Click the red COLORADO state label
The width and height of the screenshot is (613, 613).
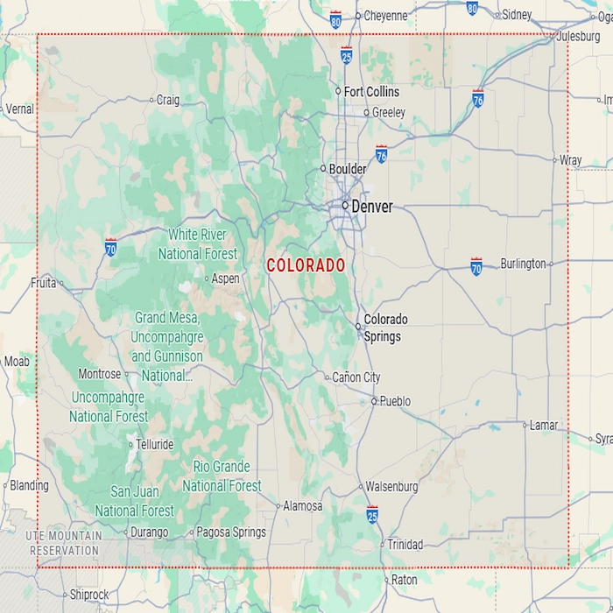(x=306, y=264)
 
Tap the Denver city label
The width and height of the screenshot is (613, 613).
(x=372, y=207)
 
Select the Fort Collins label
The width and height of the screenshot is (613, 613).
(x=371, y=92)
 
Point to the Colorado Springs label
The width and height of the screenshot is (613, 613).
(x=385, y=328)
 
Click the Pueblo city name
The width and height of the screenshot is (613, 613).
(x=395, y=401)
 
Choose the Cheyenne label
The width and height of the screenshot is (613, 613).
(x=385, y=16)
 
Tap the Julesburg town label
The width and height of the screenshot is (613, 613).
(x=579, y=37)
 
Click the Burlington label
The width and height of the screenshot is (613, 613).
(x=523, y=264)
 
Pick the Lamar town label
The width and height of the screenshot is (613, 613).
(x=544, y=426)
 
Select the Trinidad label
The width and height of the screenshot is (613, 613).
(x=405, y=545)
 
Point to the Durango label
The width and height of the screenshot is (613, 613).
(x=149, y=532)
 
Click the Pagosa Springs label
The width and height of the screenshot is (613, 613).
(x=231, y=532)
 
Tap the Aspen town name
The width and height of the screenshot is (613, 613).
(x=226, y=278)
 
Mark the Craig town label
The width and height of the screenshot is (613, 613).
(x=167, y=100)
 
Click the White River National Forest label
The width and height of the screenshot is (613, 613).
(x=197, y=244)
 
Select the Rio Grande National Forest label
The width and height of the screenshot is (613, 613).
(x=222, y=476)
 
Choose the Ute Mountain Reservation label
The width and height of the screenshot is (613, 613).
(x=64, y=543)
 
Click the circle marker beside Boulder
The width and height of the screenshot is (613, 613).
(x=323, y=169)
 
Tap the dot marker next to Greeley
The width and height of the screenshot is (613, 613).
(x=367, y=112)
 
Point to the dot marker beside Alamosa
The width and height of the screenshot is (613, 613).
(x=277, y=506)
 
